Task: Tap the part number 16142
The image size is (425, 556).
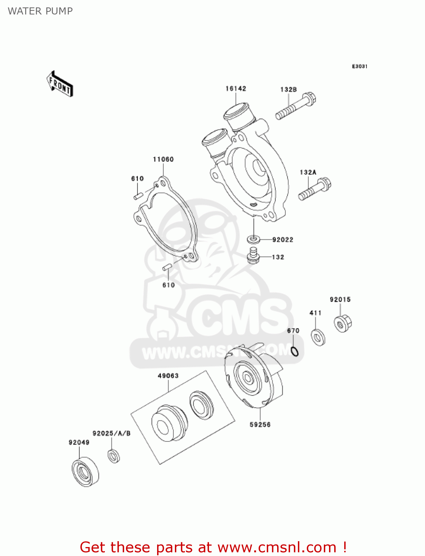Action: [236, 89]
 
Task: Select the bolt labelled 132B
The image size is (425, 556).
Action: [295, 106]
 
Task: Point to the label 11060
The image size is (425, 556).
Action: [163, 159]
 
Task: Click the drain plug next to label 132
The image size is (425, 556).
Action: [253, 256]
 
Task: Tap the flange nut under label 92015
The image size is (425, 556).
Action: [342, 323]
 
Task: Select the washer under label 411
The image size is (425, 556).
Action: [318, 337]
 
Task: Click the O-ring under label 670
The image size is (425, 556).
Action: [295, 351]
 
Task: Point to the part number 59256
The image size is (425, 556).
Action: [260, 424]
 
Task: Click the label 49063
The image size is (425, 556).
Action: [168, 376]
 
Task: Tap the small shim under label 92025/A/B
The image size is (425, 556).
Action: [114, 456]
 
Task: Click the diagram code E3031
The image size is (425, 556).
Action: [359, 66]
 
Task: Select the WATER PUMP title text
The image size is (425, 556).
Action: [40, 11]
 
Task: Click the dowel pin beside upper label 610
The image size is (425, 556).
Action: [138, 195]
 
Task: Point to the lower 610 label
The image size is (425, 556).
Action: [169, 285]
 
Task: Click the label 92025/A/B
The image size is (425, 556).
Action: [112, 433]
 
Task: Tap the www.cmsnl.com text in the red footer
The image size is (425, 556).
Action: [276, 547]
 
